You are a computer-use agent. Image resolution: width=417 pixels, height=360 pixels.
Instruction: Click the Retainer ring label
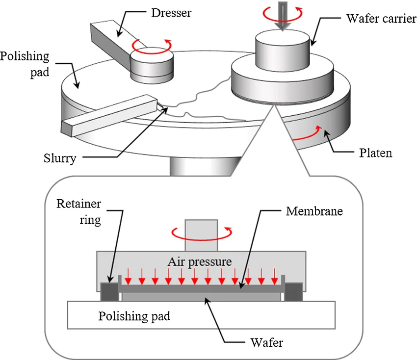[x=79, y=211]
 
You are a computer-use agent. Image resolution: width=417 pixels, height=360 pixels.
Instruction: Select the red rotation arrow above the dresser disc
[x=151, y=46]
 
